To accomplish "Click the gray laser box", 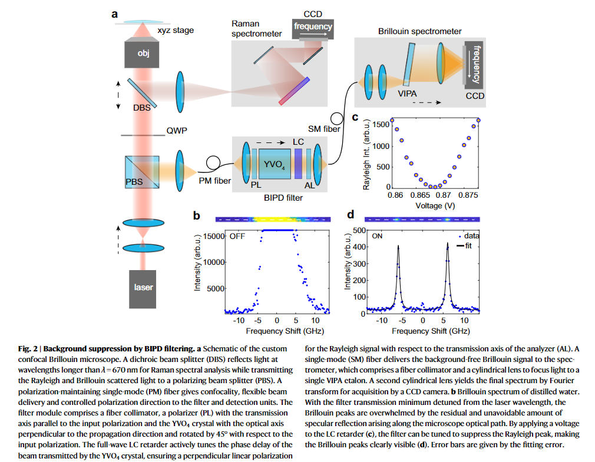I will coord(143,287).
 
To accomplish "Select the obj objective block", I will coord(143,55).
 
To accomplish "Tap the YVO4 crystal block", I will coord(276,163).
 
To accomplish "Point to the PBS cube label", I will coord(135,182).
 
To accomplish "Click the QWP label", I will coord(176,131).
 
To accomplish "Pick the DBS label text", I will coord(141,108).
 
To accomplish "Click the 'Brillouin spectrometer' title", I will coord(420,31).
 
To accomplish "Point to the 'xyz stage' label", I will coord(176,31).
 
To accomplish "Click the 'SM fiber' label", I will coord(324,129).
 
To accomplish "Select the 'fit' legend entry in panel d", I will coord(468,245).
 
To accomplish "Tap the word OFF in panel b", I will coord(237,237).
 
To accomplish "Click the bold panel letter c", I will coord(355,117).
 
